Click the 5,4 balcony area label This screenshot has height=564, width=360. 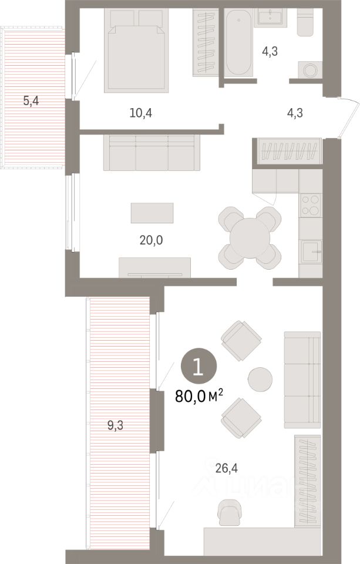pyautogui.click(x=32, y=101)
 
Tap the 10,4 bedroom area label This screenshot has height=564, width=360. pyautogui.click(x=141, y=113)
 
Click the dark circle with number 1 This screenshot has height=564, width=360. pyautogui.click(x=198, y=367)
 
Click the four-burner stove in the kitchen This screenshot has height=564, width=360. pyautogui.click(x=310, y=204)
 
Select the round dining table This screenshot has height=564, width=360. pyautogui.click(x=249, y=237)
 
